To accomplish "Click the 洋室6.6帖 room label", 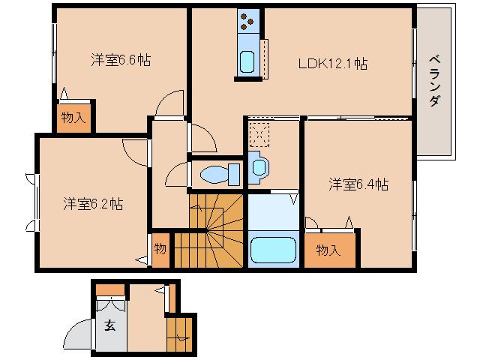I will coord(121,59).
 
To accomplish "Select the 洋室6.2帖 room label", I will coord(93,203).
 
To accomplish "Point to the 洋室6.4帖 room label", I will coord(358,183).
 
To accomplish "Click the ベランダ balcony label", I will coord(435,82).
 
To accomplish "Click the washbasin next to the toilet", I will coord(259,166).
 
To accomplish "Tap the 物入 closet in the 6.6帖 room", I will coord(73,117).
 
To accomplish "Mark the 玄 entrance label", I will coord(110,325).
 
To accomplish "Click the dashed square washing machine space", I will coord(260,133).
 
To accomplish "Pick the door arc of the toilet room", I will coord(177,175).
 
